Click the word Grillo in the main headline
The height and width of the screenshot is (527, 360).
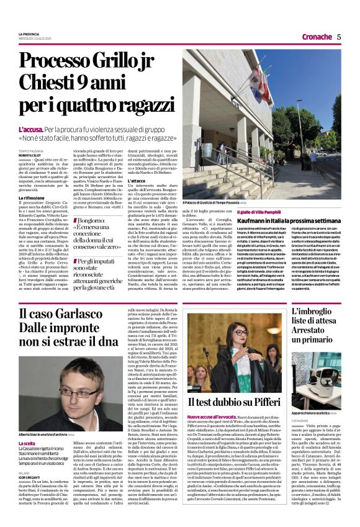[x=108, y=61]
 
